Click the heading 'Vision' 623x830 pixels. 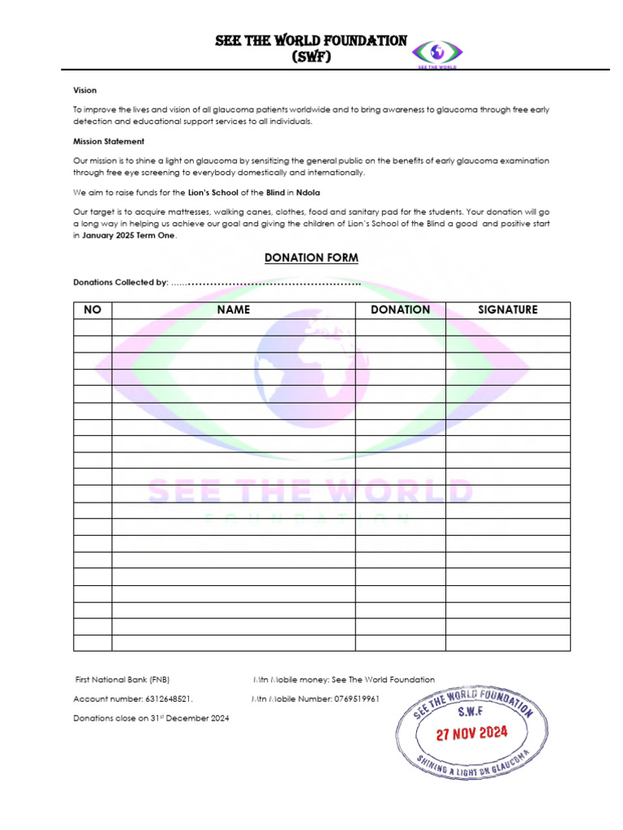coord(85,91)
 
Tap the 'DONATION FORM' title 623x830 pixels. coord(311,258)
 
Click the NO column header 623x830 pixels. coord(92,310)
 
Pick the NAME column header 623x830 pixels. coord(234,310)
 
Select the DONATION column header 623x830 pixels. coord(400,310)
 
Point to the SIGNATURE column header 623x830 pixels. coord(507,310)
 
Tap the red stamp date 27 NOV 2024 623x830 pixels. coord(471,734)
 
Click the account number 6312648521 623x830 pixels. coord(170,699)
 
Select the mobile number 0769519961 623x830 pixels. coord(356,699)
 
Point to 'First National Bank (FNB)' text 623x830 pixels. coord(122,679)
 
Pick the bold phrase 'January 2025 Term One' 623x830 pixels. coord(129,235)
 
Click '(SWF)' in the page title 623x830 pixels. coord(311,57)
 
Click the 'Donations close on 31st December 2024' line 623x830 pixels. coord(151,718)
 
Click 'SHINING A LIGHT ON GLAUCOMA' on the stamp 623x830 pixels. coord(472,766)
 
